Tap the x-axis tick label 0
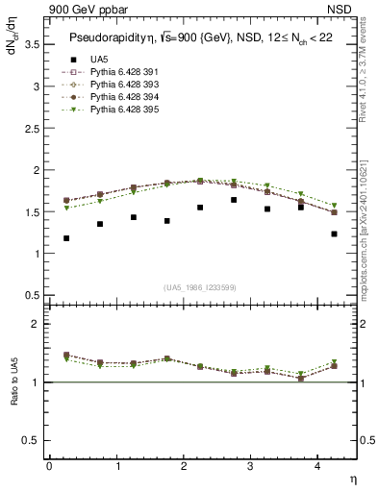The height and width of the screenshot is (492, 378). [x=48, y=466]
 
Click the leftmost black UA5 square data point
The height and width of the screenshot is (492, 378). [x=65, y=238]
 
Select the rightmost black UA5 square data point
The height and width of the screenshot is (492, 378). [x=334, y=234]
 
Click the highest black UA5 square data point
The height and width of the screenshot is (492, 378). [x=234, y=200]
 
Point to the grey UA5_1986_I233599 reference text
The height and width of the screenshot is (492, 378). [x=201, y=287]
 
